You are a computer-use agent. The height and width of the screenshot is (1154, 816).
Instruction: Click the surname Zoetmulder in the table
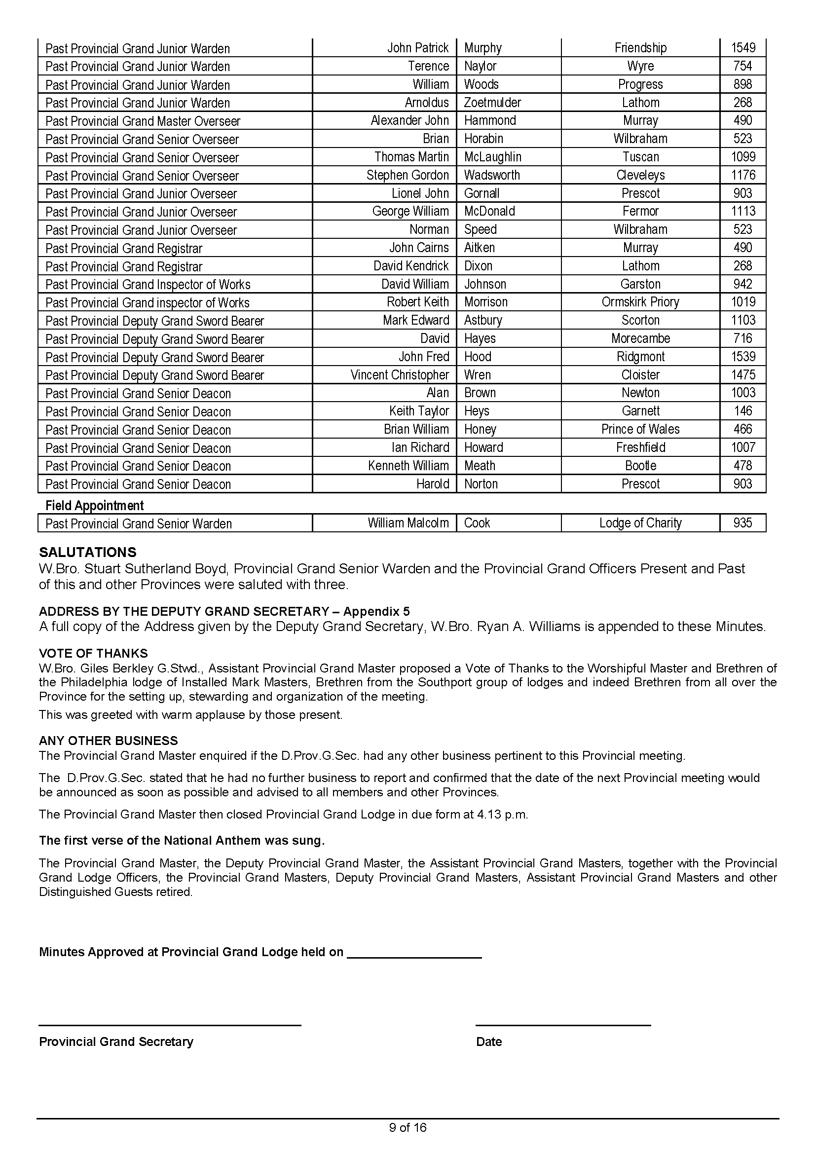(x=492, y=103)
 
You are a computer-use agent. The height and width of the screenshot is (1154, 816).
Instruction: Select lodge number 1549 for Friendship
(x=742, y=48)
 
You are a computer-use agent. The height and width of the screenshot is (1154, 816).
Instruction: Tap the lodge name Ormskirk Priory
(x=640, y=302)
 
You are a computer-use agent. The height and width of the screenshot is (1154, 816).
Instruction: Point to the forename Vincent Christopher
(x=400, y=375)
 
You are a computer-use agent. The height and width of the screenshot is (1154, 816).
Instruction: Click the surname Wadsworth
(x=492, y=176)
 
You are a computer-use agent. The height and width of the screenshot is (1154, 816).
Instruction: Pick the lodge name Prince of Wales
(x=640, y=429)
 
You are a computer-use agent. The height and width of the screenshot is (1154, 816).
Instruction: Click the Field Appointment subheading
(x=94, y=506)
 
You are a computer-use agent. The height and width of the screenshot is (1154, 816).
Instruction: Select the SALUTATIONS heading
(x=87, y=553)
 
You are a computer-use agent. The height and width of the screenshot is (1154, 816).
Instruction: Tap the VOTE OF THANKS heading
(x=93, y=653)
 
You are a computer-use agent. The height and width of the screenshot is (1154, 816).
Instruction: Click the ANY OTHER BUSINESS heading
(x=109, y=741)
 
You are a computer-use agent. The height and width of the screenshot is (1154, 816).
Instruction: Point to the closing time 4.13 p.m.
(x=501, y=815)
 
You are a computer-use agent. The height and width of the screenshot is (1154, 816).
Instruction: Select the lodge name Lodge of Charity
(x=640, y=523)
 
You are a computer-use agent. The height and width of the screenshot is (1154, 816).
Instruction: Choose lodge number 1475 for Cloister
(x=742, y=375)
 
